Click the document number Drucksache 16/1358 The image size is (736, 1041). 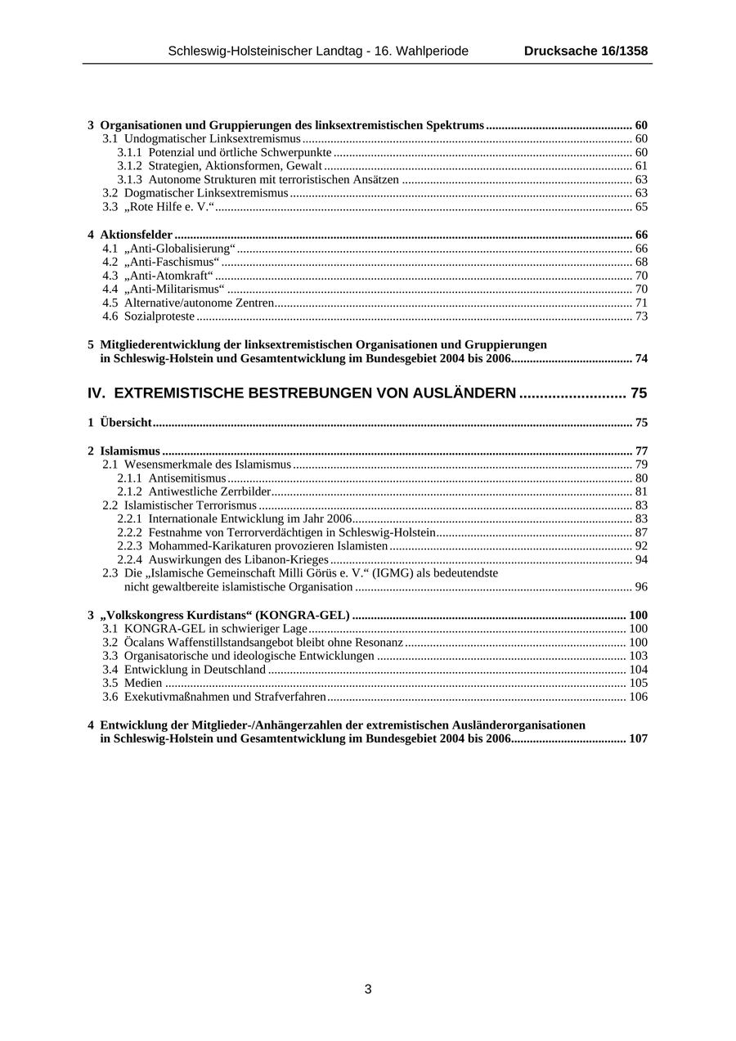(x=586, y=51)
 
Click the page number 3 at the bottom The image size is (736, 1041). (x=368, y=989)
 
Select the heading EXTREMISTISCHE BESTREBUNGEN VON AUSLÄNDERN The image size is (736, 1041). (x=315, y=393)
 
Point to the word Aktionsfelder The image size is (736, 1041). (x=136, y=235)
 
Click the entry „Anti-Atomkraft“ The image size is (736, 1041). (x=168, y=276)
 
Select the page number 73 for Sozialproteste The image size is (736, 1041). (x=641, y=316)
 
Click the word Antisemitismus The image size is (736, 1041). (x=186, y=478)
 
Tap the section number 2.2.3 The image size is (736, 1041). (x=129, y=546)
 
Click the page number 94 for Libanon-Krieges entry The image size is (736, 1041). (x=641, y=560)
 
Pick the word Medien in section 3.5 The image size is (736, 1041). (x=143, y=684)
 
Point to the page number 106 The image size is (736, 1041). (x=638, y=698)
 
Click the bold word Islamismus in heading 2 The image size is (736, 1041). (x=130, y=451)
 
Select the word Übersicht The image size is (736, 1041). (x=126, y=423)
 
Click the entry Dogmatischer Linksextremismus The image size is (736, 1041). (x=206, y=193)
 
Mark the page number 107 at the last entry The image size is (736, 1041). (x=638, y=738)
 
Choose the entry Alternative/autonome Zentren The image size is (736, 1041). (x=199, y=303)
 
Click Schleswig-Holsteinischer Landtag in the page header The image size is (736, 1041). (x=267, y=51)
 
